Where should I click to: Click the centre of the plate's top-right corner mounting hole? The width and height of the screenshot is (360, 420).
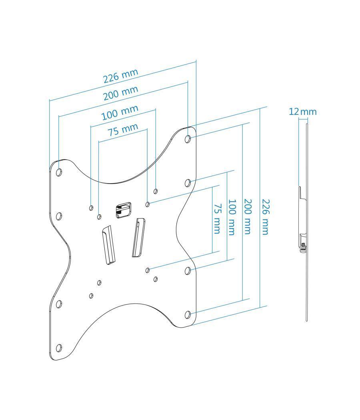[x=188, y=139]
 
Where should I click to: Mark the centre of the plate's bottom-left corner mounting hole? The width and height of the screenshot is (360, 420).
[x=59, y=348]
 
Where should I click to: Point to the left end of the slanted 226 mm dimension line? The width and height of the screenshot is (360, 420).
[x=50, y=100]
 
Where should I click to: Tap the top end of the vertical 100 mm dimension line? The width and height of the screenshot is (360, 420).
[x=227, y=172]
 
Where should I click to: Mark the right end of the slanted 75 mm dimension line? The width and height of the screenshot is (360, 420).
[x=147, y=129]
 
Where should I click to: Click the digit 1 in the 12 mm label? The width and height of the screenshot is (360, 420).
[x=291, y=112]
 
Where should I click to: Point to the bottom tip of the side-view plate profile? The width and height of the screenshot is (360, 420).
[x=307, y=321]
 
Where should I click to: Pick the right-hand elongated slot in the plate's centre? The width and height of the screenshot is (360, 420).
[x=138, y=237]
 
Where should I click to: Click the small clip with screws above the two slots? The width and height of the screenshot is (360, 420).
[x=124, y=210]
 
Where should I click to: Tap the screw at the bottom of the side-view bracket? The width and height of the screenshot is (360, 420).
[x=303, y=247]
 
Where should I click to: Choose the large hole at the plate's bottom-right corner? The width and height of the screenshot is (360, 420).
[x=188, y=314]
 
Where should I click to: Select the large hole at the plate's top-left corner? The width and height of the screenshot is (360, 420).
[x=59, y=172]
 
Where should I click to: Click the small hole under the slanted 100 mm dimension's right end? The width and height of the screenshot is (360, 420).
[x=156, y=191]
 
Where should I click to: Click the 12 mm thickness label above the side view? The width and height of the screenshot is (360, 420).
[x=303, y=112]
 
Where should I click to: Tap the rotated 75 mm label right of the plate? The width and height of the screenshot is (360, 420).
[x=217, y=218]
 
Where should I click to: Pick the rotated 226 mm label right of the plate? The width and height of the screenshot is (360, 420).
[x=265, y=217]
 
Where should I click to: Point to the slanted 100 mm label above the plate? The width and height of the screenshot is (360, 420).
[x=120, y=112]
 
